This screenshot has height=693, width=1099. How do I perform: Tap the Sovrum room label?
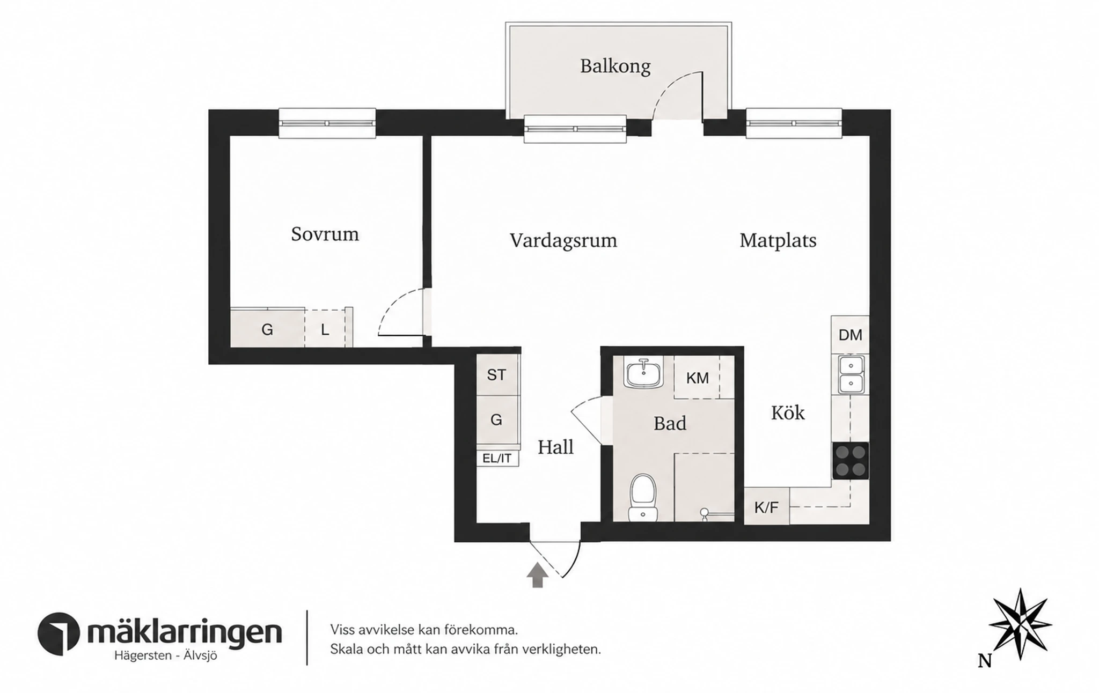(325, 234)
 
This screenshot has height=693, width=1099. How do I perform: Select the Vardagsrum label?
(563, 241)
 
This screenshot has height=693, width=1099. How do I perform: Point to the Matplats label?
(778, 240)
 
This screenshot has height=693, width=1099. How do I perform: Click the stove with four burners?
(851, 461)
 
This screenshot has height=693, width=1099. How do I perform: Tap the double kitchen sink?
(851, 374)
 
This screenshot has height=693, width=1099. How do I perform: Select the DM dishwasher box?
(850, 335)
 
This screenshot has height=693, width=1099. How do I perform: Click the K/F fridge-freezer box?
(766, 506)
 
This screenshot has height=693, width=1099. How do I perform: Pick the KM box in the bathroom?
(698, 378)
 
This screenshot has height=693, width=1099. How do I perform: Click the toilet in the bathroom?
(643, 497)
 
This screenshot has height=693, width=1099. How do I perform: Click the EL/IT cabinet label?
(497, 459)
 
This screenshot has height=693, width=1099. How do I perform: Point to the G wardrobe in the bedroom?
(267, 328)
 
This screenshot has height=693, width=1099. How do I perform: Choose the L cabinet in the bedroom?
(326, 329)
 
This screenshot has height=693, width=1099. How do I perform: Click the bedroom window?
(327, 123)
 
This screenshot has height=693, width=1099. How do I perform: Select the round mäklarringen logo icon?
(59, 633)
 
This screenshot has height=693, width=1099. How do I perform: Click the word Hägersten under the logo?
(143, 655)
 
